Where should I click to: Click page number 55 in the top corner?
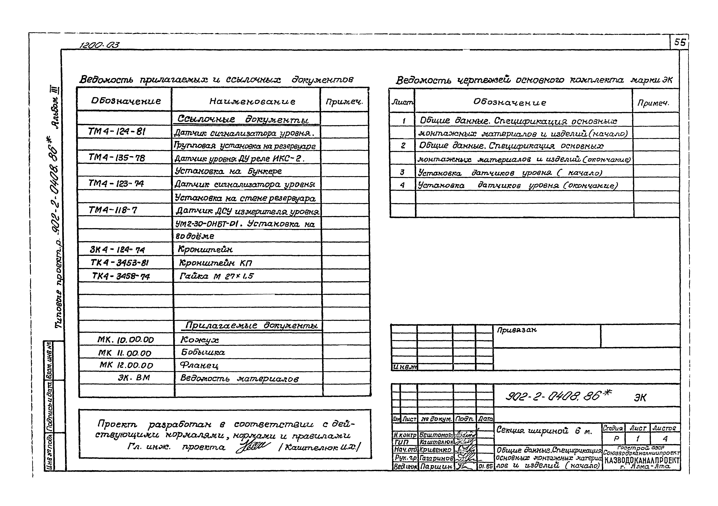click(680, 42)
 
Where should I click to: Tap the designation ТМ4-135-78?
click(117, 158)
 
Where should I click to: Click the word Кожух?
click(199, 339)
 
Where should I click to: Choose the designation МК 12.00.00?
click(126, 365)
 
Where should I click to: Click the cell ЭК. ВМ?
click(134, 378)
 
